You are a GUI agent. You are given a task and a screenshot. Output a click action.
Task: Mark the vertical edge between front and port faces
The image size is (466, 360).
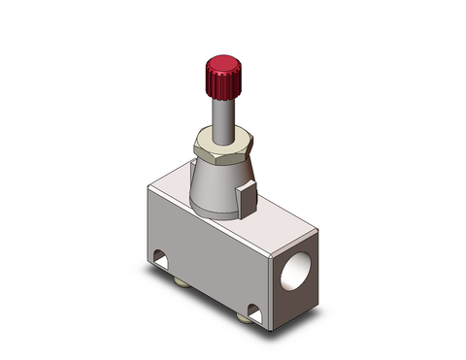(268, 281)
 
